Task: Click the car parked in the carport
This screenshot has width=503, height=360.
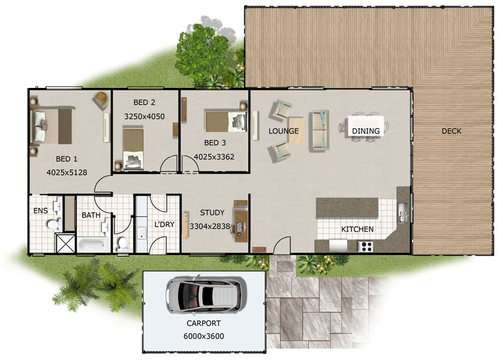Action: pyautogui.click(x=206, y=293)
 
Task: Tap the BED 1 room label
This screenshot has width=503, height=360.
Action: pyautogui.click(x=67, y=159)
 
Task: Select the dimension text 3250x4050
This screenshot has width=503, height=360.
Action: pyautogui.click(x=145, y=116)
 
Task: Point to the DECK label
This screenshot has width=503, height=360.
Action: pyautogui.click(x=451, y=131)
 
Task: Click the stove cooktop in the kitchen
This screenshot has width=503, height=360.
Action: pyautogui.click(x=366, y=246)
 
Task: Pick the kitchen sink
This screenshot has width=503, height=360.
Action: pyautogui.click(x=402, y=212)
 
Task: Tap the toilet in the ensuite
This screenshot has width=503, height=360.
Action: pyautogui.click(x=53, y=224)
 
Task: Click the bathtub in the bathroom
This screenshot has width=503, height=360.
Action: pyautogui.click(x=92, y=245)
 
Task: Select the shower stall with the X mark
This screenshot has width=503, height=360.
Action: pyautogui.click(x=65, y=244)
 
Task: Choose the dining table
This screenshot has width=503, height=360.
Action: pyautogui.click(x=365, y=126)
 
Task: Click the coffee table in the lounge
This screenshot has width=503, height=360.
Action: pyautogui.click(x=296, y=131)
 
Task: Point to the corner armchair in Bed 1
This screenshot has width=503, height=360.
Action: pyautogui.click(x=101, y=99)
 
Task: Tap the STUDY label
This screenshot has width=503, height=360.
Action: pyautogui.click(x=212, y=212)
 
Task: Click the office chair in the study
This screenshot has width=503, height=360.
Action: pyautogui.click(x=241, y=227)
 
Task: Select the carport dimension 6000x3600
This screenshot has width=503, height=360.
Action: pyautogui.click(x=204, y=336)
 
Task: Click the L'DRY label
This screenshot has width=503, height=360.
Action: pyautogui.click(x=164, y=224)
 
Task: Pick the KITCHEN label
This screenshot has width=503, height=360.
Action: pyautogui.click(x=357, y=229)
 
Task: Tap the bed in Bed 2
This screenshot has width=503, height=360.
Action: pyautogui.click(x=133, y=148)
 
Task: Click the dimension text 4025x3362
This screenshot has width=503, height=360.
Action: pyautogui.click(x=214, y=157)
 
